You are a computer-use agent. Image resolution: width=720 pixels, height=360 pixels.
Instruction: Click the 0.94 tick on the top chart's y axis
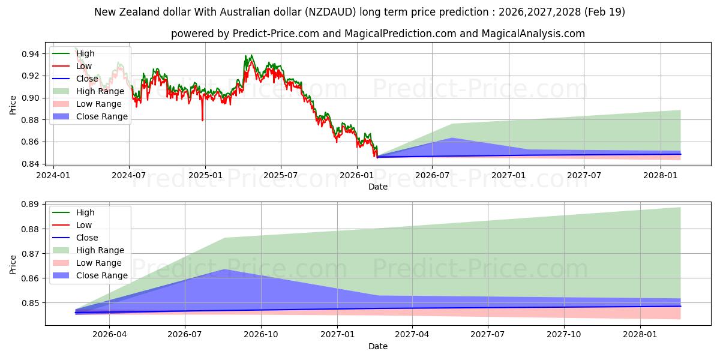tap(30, 53)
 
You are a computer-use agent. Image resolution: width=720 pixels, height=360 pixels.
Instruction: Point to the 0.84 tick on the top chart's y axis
tap(30, 164)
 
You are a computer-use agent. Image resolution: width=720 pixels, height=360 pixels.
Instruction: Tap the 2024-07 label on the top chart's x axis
tap(129, 175)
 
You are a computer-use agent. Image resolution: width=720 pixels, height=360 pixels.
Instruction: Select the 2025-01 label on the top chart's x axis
tap(205, 175)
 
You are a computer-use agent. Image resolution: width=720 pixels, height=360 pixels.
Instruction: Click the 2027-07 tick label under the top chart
tap(584, 175)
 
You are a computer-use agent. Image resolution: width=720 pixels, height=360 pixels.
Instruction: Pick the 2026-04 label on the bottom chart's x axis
tap(109, 335)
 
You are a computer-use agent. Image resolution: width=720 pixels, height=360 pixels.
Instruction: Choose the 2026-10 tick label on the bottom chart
tap(261, 335)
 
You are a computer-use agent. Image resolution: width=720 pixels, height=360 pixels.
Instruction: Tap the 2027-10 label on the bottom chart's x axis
tap(564, 335)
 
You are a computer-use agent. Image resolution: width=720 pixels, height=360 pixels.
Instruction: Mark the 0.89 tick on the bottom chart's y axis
tap(30, 205)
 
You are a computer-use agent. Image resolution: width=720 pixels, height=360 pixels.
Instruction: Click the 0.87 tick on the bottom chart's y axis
tap(30, 254)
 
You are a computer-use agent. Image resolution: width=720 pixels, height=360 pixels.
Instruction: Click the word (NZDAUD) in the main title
tap(331, 12)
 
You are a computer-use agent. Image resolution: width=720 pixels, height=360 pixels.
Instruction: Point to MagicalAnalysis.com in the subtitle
tap(533, 34)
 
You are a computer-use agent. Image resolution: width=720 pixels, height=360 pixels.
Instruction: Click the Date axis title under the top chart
tap(378, 187)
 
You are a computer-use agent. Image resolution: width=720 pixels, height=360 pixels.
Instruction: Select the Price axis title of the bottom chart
tap(13, 265)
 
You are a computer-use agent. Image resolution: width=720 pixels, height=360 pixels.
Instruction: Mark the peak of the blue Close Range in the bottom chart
tap(224, 269)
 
